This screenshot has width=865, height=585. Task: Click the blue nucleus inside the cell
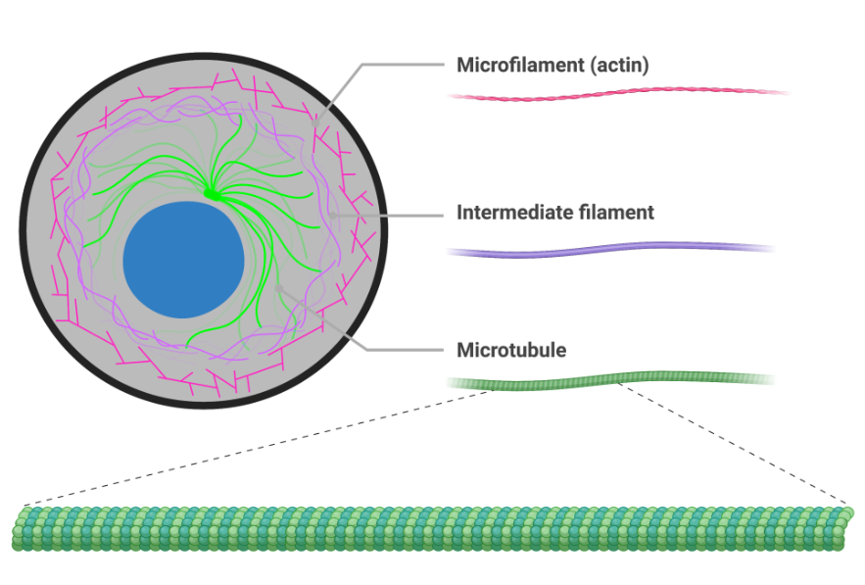pyautogui.click(x=183, y=260)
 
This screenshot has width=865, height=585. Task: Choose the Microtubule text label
pyautogui.click(x=511, y=350)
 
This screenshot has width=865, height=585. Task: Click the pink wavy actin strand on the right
pyautogui.click(x=617, y=94)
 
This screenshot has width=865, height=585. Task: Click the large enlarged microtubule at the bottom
pyautogui.click(x=431, y=528)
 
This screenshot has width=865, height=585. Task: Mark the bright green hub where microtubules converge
pyautogui.click(x=212, y=196)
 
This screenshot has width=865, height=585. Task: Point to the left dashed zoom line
pyautogui.click(x=255, y=447)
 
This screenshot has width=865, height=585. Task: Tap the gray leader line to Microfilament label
pyautogui.click(x=392, y=66)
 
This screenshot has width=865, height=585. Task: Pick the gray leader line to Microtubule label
pyautogui.click(x=392, y=350)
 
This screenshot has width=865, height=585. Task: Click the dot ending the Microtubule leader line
pyautogui.click(x=279, y=287)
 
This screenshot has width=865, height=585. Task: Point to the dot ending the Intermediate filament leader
pyautogui.click(x=333, y=213)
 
